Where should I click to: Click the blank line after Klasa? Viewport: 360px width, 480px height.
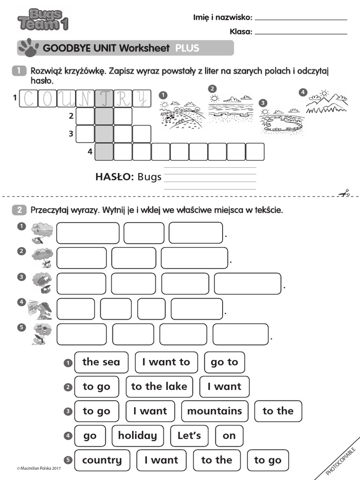coord(300,33)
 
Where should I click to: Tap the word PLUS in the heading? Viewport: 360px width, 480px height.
coord(187,48)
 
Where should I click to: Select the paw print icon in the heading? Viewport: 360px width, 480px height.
coord(29,46)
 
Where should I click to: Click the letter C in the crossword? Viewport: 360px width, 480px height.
coord(28,98)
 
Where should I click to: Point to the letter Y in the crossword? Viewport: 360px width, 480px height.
coord(142,98)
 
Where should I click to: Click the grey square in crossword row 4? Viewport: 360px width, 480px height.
coord(104,152)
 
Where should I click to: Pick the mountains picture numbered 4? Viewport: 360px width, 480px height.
coord(326,102)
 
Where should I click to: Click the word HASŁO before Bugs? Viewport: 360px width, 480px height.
coord(115,177)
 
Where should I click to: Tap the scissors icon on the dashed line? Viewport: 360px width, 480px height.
coord(344,193)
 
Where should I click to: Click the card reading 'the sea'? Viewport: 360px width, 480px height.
coord(101,362)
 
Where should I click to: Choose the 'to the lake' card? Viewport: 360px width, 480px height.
coord(159,387)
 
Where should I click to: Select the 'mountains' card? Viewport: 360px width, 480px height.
coord(215,411)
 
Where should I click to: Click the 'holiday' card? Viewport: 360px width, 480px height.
coord(137,435)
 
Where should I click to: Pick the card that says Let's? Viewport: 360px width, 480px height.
coord(189,435)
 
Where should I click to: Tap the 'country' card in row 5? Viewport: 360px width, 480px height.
coord(102,460)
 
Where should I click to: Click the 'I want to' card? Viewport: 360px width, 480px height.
coord(166,362)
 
